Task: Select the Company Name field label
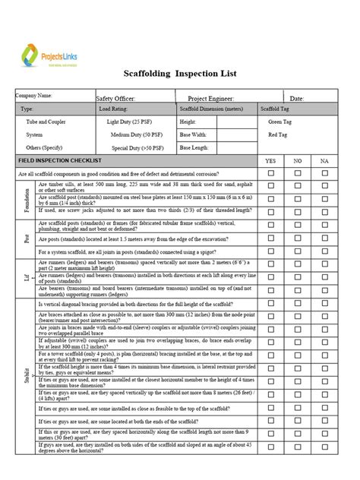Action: click(x=35, y=96)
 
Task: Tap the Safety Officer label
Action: click(x=115, y=98)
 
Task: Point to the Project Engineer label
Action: click(x=212, y=98)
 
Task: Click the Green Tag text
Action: click(x=280, y=122)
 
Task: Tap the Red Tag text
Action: click(x=278, y=134)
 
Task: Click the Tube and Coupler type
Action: click(x=46, y=122)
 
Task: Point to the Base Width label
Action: click(x=194, y=134)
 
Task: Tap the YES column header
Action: click(x=270, y=161)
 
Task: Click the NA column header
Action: click(x=324, y=161)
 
